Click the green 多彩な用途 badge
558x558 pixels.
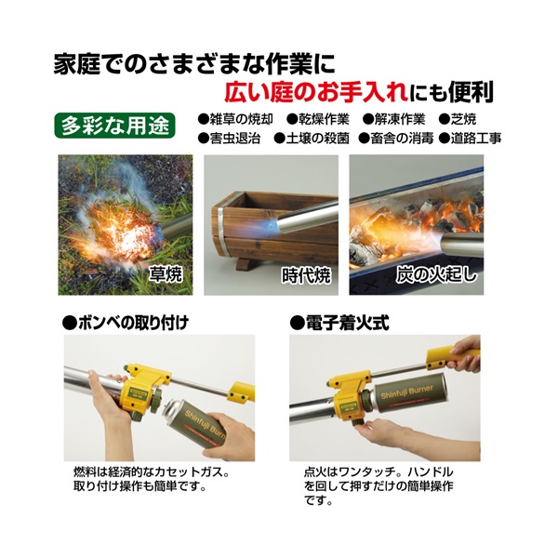point(114,126)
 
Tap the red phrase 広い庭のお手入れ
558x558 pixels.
point(315,92)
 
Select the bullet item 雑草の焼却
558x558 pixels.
point(235,119)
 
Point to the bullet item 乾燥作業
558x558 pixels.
point(318,119)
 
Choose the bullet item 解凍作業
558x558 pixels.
point(394,119)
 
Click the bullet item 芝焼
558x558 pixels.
point(458,119)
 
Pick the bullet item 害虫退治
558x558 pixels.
point(229,138)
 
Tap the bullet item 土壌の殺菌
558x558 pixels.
point(312,138)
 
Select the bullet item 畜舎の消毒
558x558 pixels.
point(396,138)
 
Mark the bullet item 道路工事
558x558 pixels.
point(470,138)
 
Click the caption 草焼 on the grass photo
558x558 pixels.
point(166,274)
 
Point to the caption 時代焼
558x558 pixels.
point(306,275)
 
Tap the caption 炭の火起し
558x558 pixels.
point(436,274)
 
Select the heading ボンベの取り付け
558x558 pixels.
point(126,323)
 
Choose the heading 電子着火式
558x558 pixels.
point(339,323)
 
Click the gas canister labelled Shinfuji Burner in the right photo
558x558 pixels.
point(405,392)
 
